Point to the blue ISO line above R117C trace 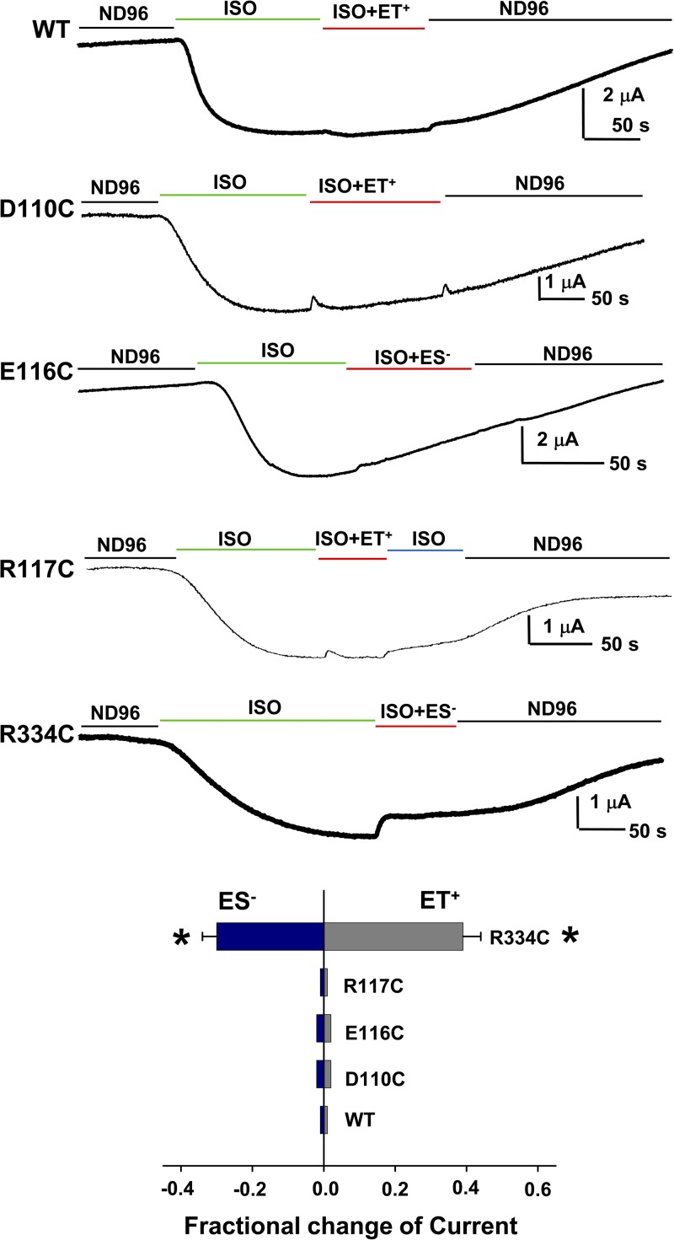click(425, 550)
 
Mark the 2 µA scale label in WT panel click(624, 95)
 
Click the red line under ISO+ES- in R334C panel click(415, 725)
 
